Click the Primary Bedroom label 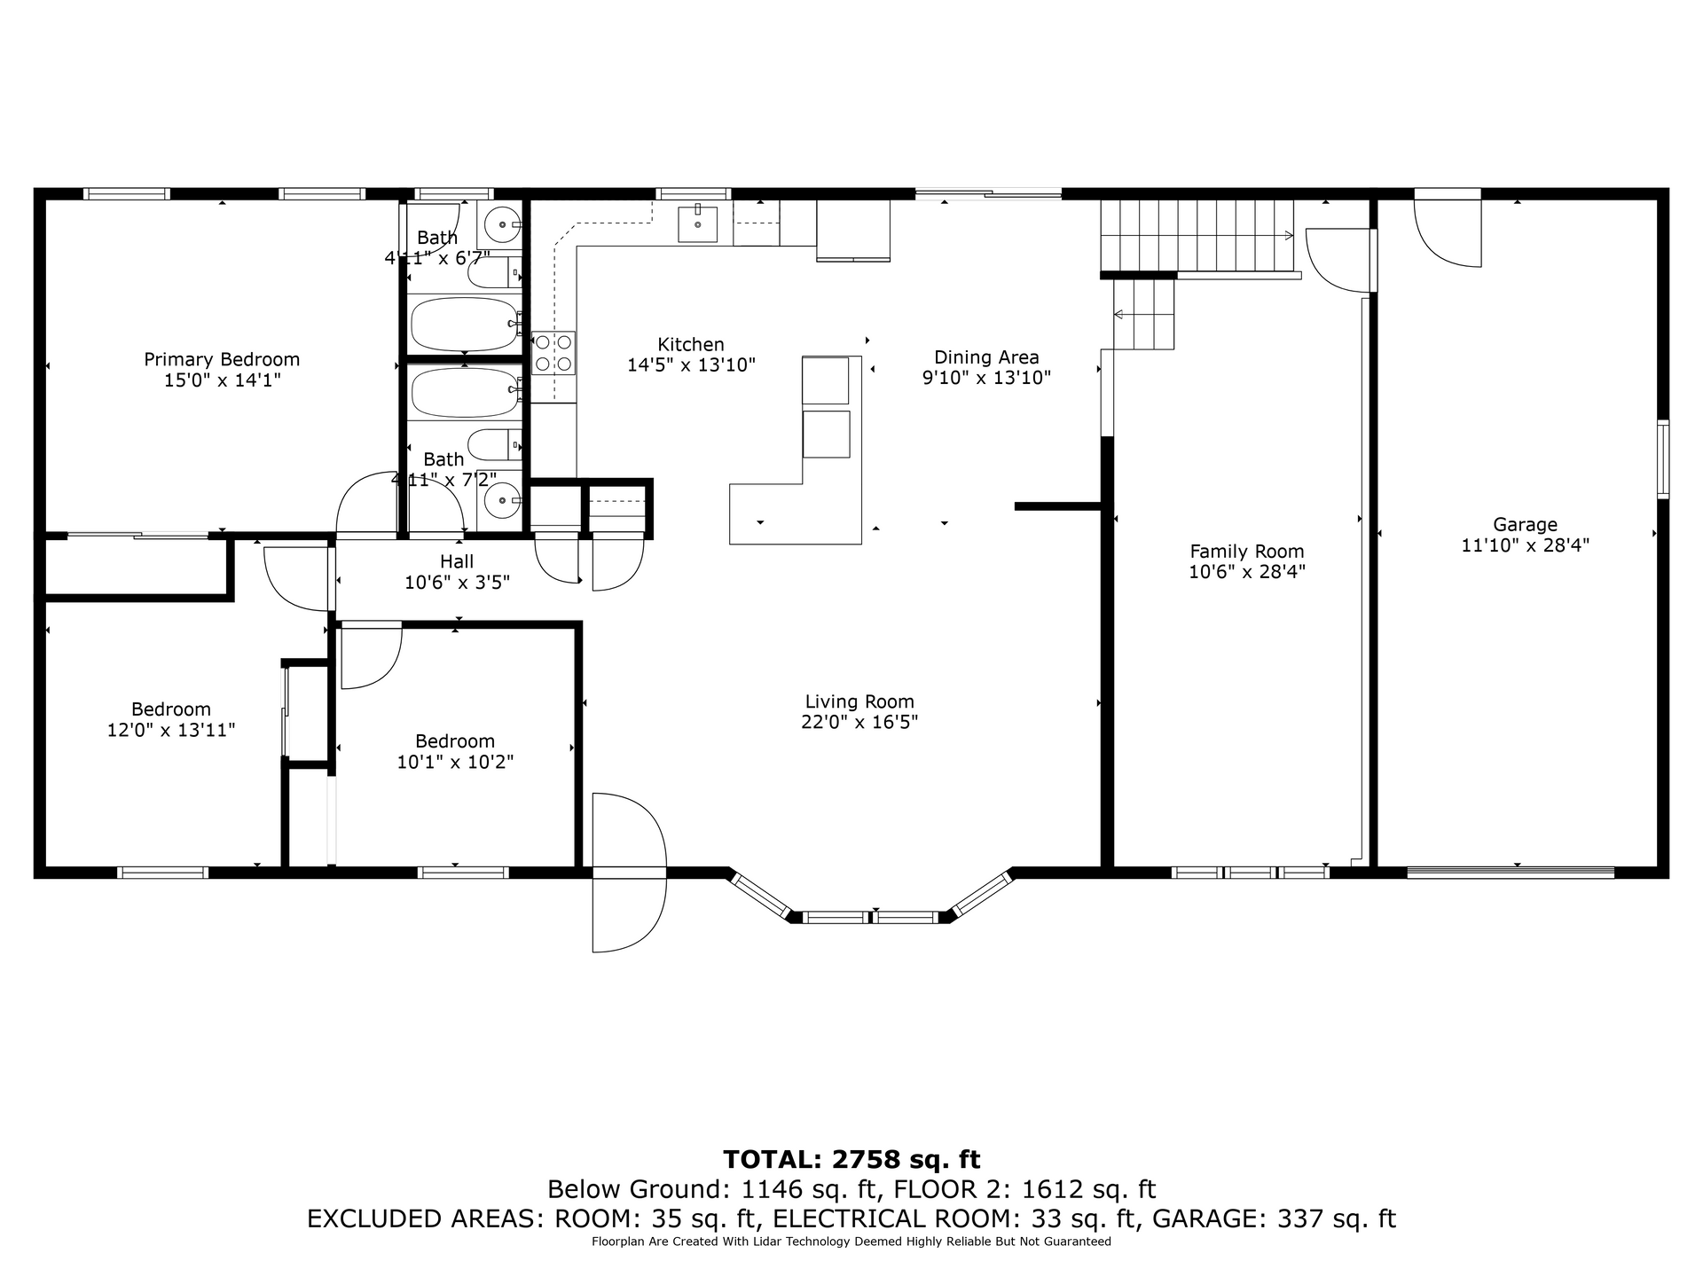222,359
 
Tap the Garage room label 1525,524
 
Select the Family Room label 1247,551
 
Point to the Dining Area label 986,356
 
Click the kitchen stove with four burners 553,353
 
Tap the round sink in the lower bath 503,500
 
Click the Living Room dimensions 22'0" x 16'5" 859,722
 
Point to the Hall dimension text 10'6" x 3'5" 457,583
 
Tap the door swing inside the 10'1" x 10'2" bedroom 371,656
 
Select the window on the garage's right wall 1663,458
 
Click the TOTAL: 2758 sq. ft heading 851,1159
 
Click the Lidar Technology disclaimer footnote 851,1242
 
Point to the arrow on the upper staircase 1197,235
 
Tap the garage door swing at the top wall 1448,228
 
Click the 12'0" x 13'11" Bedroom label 171,719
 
